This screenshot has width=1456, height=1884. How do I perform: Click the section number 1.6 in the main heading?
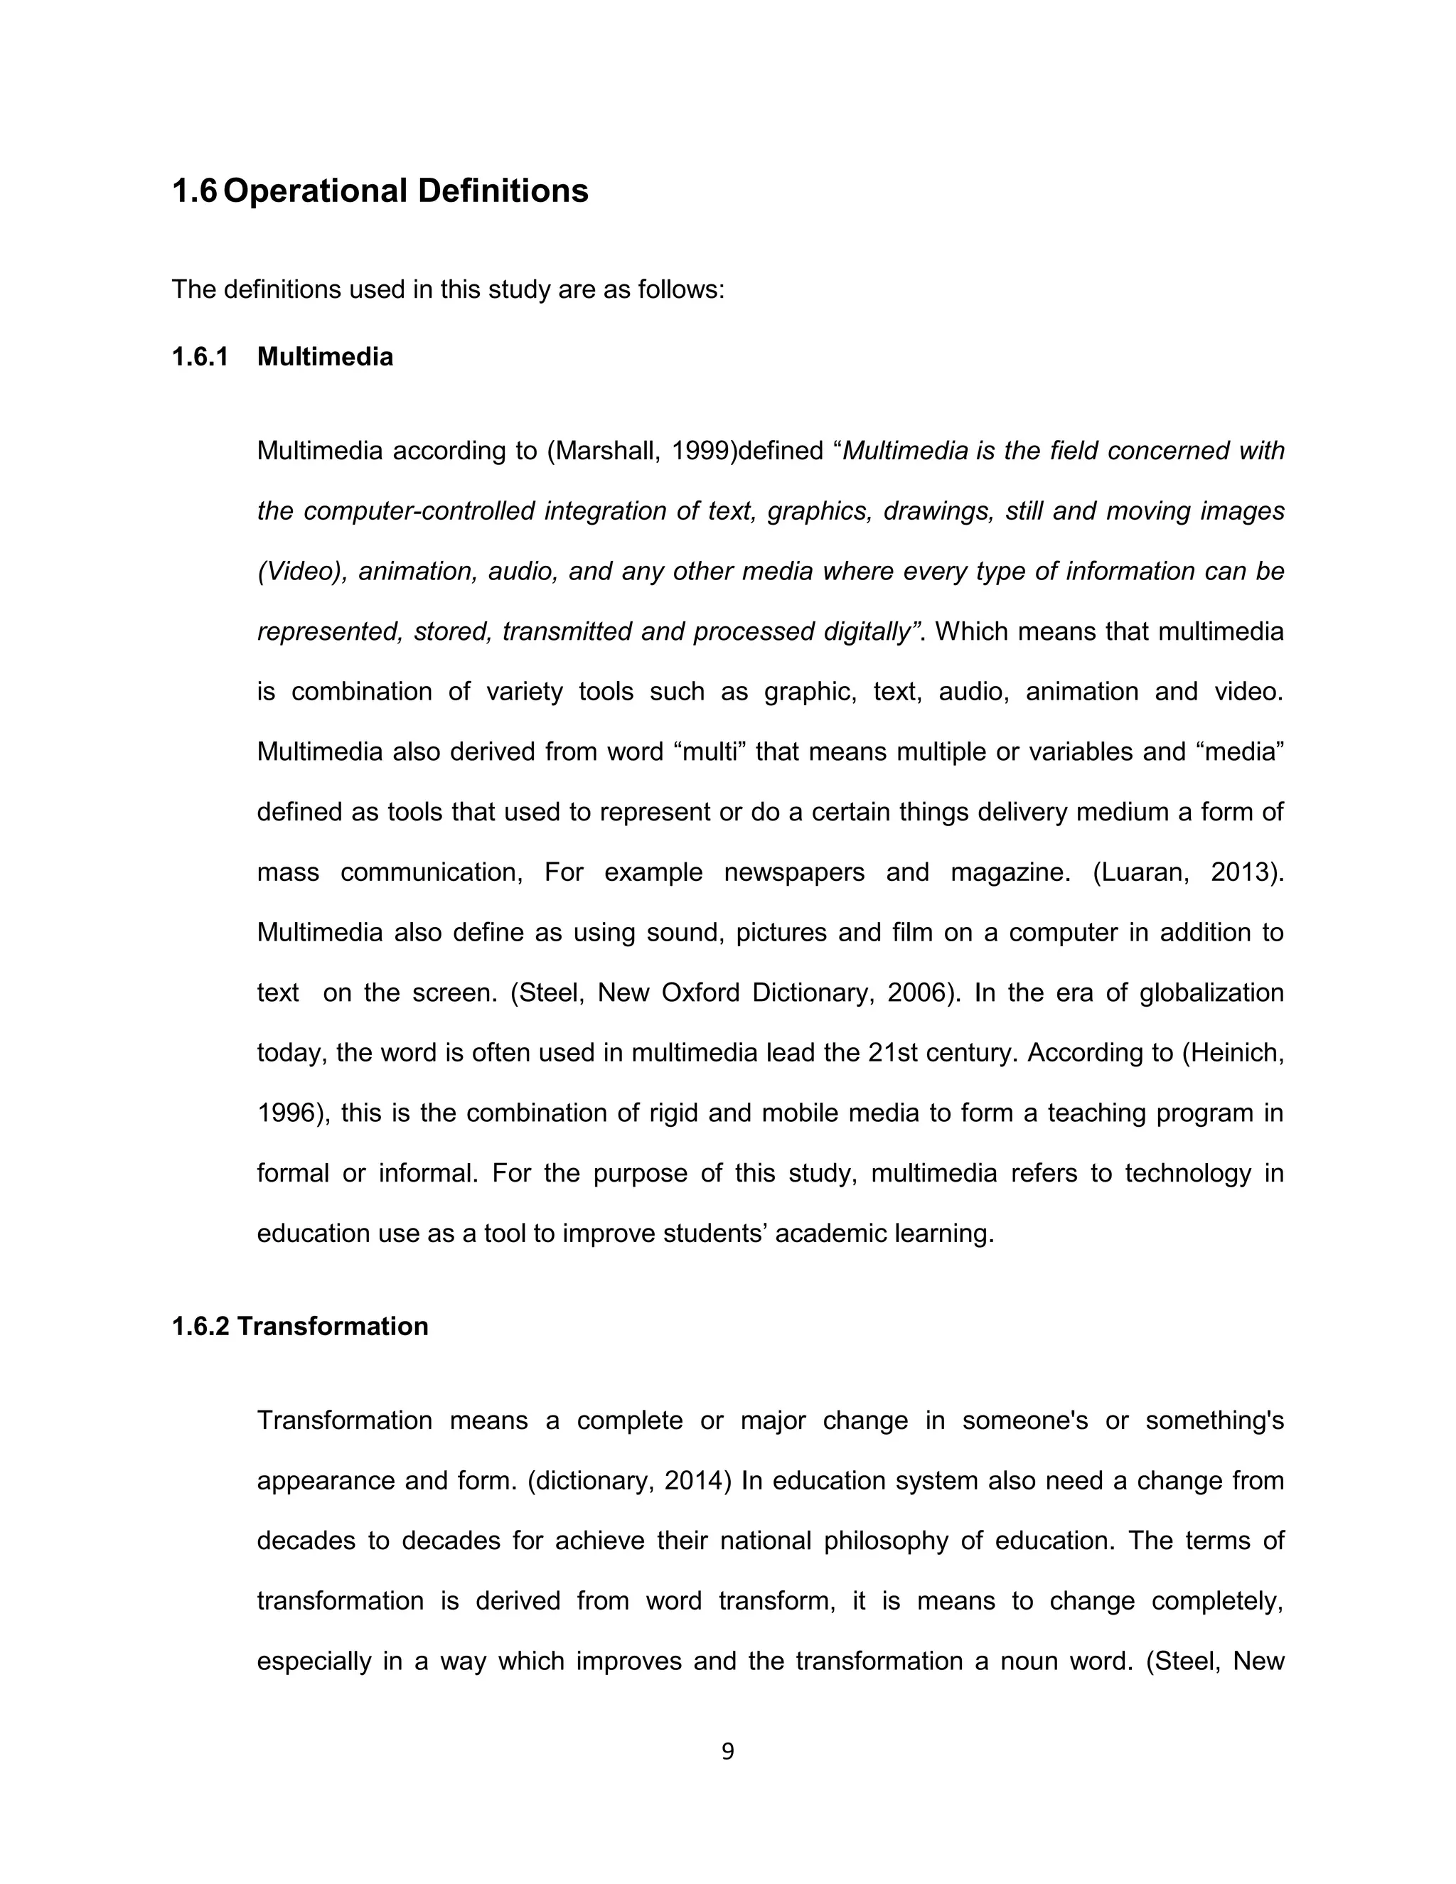(194, 191)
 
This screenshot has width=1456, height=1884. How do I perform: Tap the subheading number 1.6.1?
(200, 356)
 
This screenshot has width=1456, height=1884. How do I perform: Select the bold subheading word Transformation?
(332, 1326)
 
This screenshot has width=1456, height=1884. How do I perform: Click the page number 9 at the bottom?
(727, 1752)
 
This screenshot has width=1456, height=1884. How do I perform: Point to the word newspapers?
(793, 872)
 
